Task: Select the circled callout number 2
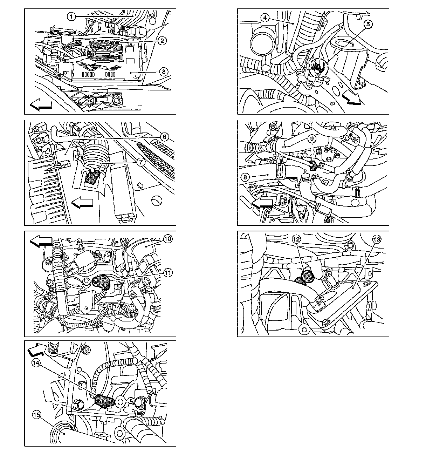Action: (x=162, y=41)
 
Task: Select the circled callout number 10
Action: (x=168, y=239)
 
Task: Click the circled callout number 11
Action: (x=168, y=272)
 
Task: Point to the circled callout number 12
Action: (x=296, y=239)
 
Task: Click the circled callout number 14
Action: (x=36, y=363)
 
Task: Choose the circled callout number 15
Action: (x=36, y=415)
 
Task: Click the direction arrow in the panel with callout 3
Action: (x=41, y=104)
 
